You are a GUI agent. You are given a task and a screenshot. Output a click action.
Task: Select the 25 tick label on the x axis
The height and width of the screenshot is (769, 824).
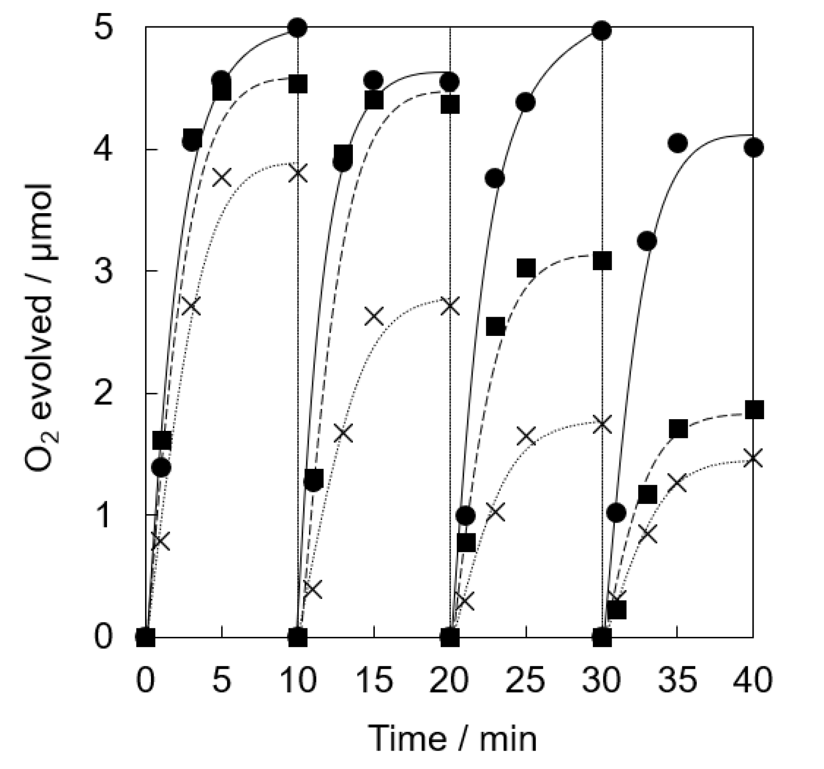coord(526,680)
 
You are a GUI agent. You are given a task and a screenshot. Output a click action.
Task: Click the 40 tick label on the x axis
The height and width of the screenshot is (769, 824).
coord(752,680)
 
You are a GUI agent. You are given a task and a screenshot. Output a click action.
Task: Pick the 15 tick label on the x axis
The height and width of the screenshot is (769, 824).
coord(374,680)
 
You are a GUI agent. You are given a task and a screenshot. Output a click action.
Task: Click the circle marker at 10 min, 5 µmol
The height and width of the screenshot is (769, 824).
coord(298,28)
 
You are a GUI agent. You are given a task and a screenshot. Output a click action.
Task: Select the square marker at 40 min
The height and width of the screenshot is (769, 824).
coord(755,409)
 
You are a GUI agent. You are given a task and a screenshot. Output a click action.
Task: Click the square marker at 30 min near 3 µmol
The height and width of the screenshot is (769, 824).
coord(602,261)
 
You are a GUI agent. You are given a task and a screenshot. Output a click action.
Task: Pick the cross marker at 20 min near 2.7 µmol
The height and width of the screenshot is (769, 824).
coord(450,307)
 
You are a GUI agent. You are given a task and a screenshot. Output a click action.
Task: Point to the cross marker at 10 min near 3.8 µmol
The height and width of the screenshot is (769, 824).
coord(298,173)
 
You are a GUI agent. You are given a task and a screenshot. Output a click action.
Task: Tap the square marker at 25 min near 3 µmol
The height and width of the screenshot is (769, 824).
coord(526,268)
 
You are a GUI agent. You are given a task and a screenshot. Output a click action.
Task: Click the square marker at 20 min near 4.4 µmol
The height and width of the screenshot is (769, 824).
coord(450,106)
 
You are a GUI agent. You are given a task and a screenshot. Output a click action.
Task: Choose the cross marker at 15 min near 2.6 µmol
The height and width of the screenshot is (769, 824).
coord(374,316)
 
